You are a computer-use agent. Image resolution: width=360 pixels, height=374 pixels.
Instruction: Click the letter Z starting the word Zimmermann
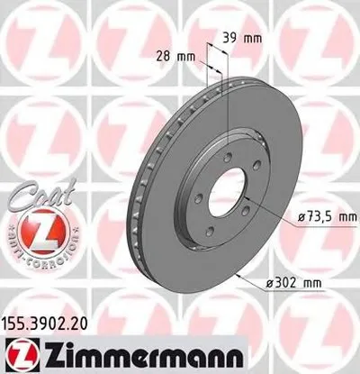click(x=46, y=352)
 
